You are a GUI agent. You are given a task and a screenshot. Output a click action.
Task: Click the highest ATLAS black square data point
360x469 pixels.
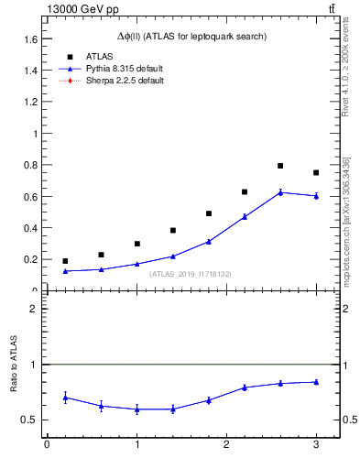pyautogui.click(x=280, y=166)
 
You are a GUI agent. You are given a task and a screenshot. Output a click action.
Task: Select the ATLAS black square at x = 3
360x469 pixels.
pyautogui.click(x=316, y=172)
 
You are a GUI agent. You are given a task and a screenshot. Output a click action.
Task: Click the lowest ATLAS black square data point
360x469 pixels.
pyautogui.click(x=65, y=261)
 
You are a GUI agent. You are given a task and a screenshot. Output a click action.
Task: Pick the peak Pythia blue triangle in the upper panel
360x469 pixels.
pyautogui.click(x=280, y=192)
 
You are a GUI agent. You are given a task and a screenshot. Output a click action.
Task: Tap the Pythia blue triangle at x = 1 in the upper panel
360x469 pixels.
pyautogui.click(x=136, y=264)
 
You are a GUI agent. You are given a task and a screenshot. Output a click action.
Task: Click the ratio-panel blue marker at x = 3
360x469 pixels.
pyautogui.click(x=316, y=382)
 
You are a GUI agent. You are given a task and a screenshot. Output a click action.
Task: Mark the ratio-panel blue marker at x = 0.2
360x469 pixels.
pyautogui.click(x=65, y=398)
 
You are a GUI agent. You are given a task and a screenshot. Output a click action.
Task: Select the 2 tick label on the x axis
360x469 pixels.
pyautogui.click(x=226, y=445)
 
